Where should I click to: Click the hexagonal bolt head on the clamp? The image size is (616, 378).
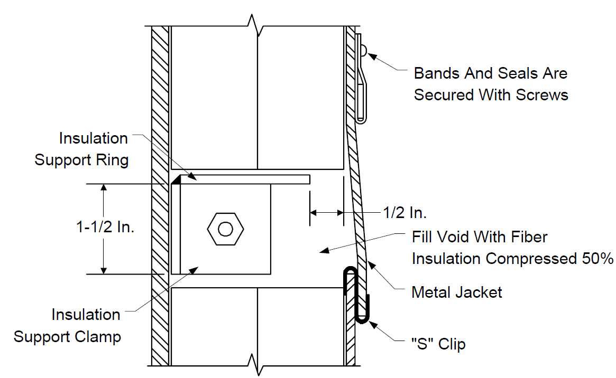[x=225, y=229]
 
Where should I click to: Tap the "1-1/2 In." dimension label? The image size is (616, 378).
[x=105, y=227]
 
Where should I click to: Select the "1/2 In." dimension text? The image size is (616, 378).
[x=404, y=213]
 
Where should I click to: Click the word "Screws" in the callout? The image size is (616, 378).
[x=542, y=95]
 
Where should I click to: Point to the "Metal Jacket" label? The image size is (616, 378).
[x=456, y=292]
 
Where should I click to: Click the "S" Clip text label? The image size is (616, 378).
[x=438, y=344]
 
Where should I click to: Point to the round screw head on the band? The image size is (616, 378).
[x=364, y=50]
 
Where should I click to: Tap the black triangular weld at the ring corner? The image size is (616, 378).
[x=176, y=179]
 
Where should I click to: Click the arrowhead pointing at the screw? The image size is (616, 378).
[x=372, y=57]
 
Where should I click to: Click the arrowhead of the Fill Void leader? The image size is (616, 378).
[x=324, y=250]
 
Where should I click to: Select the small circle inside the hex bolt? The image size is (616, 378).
[x=225, y=229]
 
